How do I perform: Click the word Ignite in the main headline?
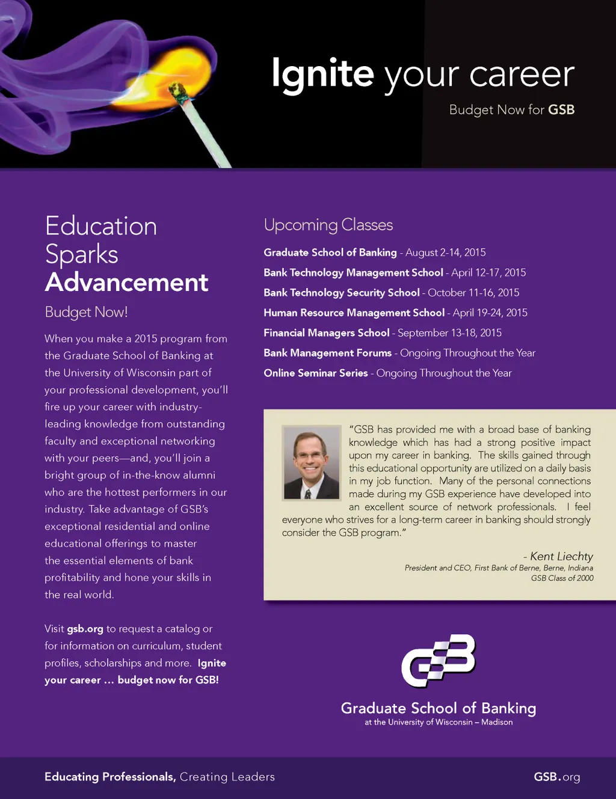[322, 74]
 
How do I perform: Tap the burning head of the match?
[179, 91]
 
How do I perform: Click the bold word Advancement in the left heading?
[126, 282]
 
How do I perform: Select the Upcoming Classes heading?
[328, 225]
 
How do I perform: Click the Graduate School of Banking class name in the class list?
[330, 253]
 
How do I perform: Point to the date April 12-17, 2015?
[488, 272]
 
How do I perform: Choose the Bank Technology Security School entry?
[341, 293]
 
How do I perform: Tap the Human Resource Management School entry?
[354, 313]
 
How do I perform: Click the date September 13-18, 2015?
[449, 332]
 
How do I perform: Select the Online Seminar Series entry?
[315, 373]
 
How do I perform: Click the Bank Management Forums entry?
[327, 353]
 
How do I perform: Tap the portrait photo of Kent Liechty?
[312, 463]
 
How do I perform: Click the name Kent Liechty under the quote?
[561, 556]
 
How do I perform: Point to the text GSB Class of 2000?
[562, 578]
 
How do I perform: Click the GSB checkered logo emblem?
[439, 660]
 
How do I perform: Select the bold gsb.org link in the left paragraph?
[85, 629]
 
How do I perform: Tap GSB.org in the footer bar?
[556, 777]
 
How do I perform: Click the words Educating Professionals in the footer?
[109, 777]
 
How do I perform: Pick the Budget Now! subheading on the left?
[86, 312]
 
